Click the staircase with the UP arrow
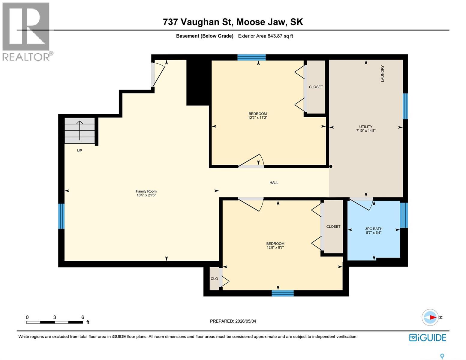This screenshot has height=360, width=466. click(x=80, y=130)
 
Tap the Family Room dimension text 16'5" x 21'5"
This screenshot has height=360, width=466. click(x=146, y=195)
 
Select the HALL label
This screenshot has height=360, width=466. click(x=274, y=183)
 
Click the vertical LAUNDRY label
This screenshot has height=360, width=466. click(x=382, y=73)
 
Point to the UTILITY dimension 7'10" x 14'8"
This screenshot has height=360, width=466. click(x=366, y=130)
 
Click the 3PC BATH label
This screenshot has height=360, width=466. click(x=374, y=229)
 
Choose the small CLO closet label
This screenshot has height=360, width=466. click(x=214, y=279)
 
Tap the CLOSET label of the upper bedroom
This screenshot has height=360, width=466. click(x=316, y=87)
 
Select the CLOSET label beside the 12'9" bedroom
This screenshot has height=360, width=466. click(x=333, y=226)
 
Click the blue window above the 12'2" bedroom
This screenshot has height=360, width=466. click(x=251, y=58)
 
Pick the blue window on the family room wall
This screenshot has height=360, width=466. click(x=61, y=216)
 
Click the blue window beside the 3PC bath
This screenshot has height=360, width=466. click(x=404, y=215)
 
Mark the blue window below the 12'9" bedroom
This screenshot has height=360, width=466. click(x=283, y=293)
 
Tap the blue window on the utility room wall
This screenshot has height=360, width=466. click(x=405, y=106)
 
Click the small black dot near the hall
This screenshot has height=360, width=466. click(x=331, y=166)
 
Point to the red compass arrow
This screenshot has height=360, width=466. click(x=433, y=317)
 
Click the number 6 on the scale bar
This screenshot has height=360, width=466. click(x=83, y=317)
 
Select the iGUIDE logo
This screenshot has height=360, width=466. click(x=428, y=338)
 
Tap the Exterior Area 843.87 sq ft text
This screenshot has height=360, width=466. click(x=266, y=36)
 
